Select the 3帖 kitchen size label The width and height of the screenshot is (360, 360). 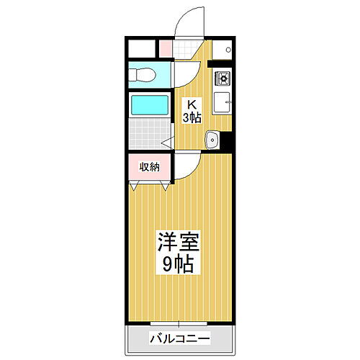pos(192,117)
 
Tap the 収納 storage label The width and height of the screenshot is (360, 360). pos(149,167)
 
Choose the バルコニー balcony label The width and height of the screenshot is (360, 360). pos(179,337)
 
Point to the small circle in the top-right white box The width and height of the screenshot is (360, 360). pos(228,50)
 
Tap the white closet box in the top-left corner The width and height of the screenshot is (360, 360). pos(142,48)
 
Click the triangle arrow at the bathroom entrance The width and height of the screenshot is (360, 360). pos(166,142)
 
